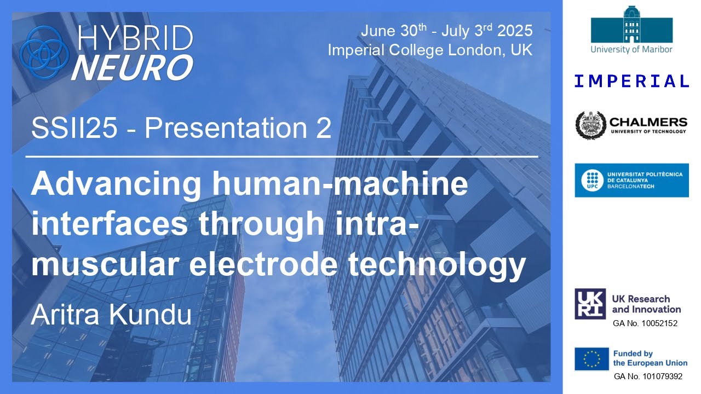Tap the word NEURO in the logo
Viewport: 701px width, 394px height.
132,67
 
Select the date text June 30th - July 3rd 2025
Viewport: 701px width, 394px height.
446,31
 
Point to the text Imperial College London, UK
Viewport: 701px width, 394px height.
430,50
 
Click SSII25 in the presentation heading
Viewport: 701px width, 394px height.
81,129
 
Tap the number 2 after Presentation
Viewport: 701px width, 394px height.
323,129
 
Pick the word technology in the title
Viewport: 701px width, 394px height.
450,265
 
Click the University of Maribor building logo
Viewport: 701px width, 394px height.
631,25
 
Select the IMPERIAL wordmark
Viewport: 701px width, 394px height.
631,82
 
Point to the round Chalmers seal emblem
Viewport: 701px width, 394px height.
590,125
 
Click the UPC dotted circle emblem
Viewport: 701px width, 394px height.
590,180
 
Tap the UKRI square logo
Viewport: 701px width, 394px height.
590,304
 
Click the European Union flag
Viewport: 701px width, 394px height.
591,358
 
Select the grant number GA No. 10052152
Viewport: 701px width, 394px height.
645,323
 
